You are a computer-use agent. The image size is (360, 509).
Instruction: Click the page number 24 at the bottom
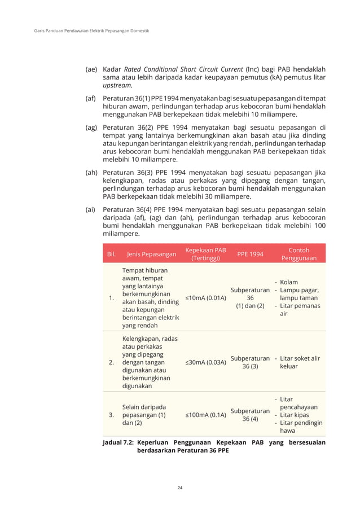180,487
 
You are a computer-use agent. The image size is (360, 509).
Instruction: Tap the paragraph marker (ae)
91,69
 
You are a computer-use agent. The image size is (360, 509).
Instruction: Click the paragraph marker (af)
91,99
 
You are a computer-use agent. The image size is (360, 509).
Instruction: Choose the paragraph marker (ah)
91,173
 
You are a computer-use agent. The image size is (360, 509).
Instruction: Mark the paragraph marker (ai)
90,209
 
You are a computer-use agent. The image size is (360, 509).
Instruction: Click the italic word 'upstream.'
117,85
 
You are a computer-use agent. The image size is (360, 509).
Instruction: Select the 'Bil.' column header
112,254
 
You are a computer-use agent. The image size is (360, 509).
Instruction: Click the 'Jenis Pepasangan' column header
151,254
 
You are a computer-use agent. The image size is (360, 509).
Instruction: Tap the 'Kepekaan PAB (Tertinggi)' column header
206,254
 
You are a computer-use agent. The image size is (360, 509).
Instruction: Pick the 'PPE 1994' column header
250,254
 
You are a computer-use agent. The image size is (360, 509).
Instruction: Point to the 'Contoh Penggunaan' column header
298,254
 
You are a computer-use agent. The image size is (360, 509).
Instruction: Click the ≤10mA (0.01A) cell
206,297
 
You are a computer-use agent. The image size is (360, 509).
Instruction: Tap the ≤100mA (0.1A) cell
206,415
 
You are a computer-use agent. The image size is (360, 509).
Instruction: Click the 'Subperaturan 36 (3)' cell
250,362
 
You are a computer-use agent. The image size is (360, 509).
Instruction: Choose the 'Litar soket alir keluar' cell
298,362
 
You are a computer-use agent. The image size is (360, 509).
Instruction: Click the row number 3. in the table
111,415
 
